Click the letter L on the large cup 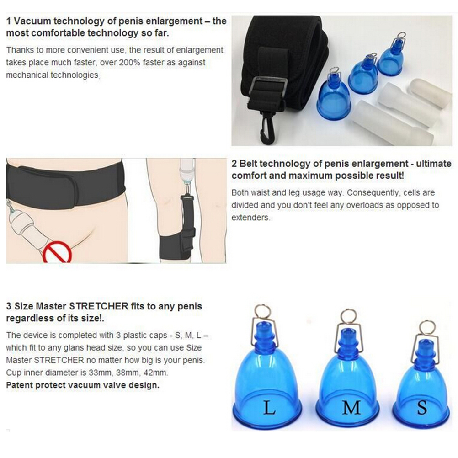[269, 408]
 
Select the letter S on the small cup [422, 408]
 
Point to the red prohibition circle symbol [57, 252]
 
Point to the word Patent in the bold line [19, 385]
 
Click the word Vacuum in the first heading [33, 21]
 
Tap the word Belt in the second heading [248, 164]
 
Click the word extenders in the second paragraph [250, 218]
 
